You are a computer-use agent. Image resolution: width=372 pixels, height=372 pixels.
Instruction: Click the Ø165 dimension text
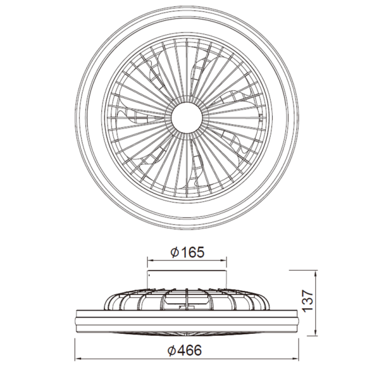click(x=187, y=252)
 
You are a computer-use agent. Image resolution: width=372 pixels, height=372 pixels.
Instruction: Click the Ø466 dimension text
click(x=187, y=350)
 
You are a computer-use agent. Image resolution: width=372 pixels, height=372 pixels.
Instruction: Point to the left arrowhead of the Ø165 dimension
click(x=149, y=260)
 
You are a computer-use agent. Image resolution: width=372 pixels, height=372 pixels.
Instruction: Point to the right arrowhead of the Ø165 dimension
click(x=225, y=260)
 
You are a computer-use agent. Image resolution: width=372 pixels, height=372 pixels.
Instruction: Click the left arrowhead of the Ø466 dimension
click(x=78, y=358)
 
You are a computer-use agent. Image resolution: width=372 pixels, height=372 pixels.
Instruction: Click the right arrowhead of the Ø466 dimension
click(x=296, y=358)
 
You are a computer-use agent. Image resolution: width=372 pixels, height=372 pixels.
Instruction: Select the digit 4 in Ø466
click(x=183, y=350)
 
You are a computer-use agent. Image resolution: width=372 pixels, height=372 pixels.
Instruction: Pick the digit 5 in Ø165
click(x=200, y=252)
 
